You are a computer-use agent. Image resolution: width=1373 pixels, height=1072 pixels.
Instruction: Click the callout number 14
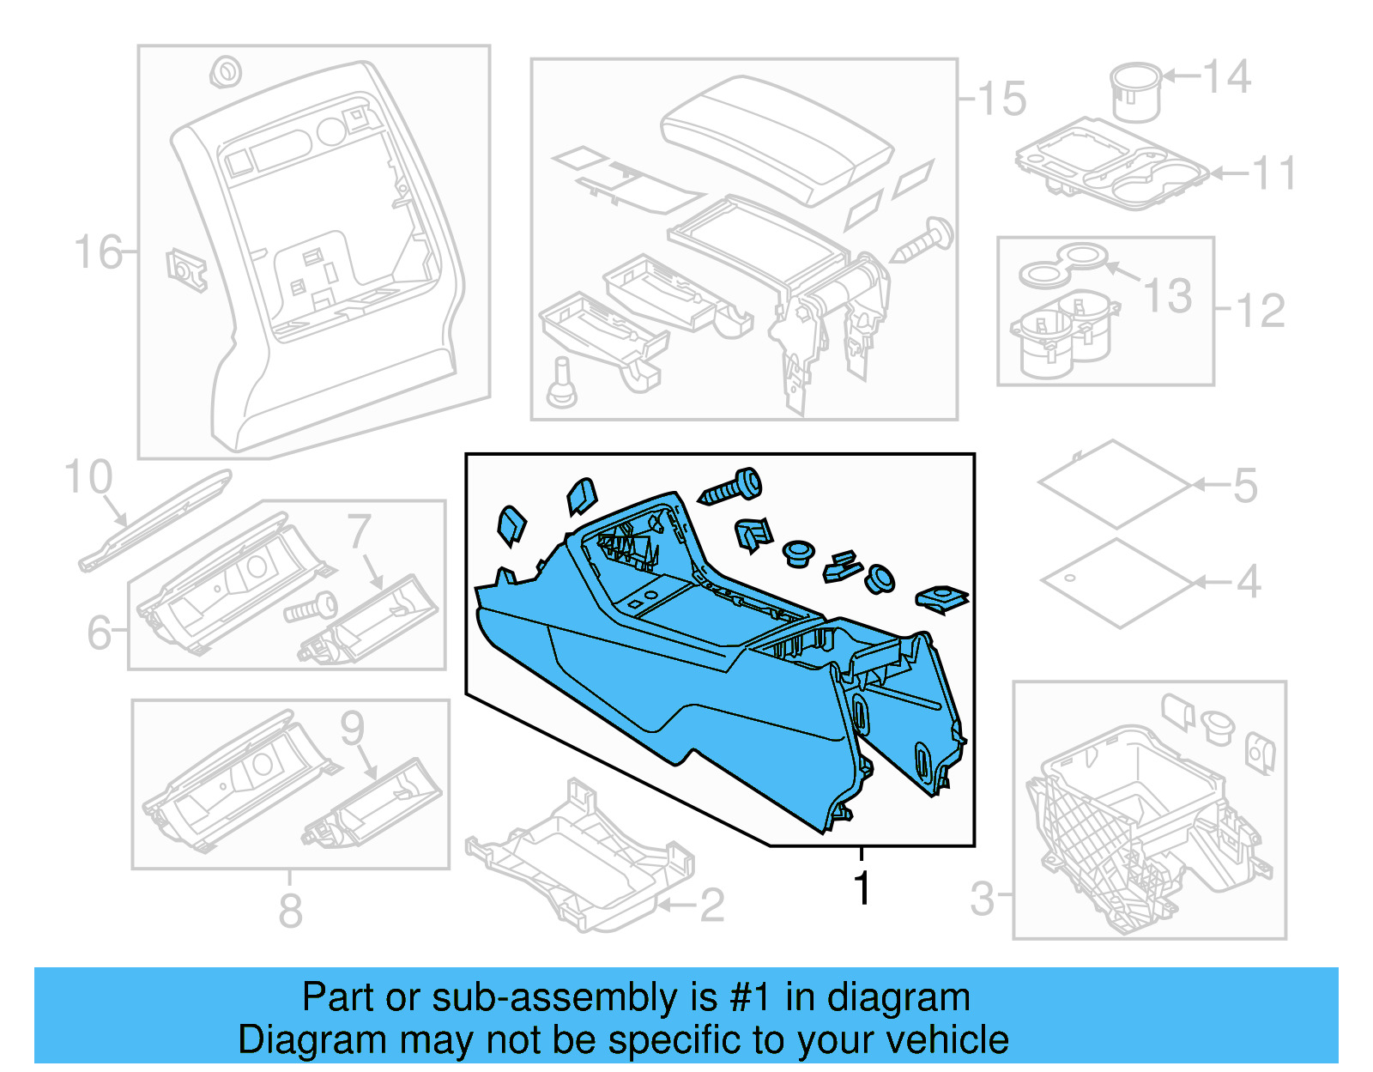click(x=1227, y=77)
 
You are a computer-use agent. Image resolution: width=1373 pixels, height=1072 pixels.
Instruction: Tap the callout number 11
click(x=1273, y=173)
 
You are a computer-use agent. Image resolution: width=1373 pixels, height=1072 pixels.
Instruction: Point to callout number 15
click(x=1001, y=99)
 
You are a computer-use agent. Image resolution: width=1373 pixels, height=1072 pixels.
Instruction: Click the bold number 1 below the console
click(x=862, y=888)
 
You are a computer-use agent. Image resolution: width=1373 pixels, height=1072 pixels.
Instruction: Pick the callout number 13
click(x=1168, y=295)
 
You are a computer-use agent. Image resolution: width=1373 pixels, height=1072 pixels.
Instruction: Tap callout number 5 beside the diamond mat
click(x=1245, y=486)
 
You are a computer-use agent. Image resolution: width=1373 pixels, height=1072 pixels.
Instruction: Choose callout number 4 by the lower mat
click(x=1248, y=582)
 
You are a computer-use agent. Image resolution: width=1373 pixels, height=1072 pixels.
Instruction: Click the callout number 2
click(x=711, y=905)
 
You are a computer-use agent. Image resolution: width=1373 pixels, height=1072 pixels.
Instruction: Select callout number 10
click(x=88, y=477)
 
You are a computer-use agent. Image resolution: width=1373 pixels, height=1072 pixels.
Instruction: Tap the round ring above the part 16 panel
click(x=225, y=72)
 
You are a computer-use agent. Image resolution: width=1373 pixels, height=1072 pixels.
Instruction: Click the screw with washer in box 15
click(x=923, y=240)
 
